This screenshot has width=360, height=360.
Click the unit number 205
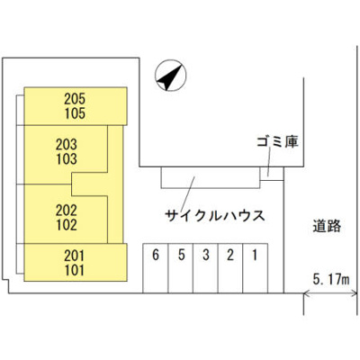75,99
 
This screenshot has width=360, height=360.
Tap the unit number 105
75,113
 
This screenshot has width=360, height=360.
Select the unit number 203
67,145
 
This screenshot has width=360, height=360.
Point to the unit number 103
67,159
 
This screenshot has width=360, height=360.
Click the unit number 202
67,211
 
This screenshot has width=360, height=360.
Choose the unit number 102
67,225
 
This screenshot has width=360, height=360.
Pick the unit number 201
75,256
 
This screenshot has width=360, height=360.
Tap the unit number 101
75,270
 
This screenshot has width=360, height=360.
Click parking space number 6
156,256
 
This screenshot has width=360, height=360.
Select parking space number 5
181,256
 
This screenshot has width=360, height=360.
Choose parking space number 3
206,256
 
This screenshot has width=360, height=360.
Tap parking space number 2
230,256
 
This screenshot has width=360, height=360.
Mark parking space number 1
255,256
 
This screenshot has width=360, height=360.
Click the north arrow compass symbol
170,75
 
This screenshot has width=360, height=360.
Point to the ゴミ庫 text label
278,142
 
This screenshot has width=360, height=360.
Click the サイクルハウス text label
215,216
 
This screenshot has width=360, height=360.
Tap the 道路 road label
327,226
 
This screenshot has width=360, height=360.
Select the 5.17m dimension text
331,280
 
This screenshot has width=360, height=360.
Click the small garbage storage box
272,174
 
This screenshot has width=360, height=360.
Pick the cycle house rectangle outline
211,188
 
